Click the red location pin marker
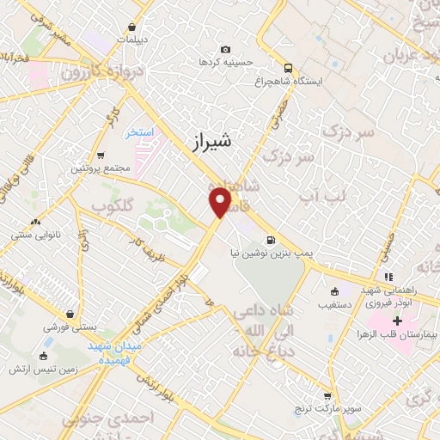click(220, 202)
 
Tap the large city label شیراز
click(209, 140)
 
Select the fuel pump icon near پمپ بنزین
click(272, 240)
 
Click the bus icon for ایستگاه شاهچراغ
click(288, 68)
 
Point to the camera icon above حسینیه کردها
click(225, 50)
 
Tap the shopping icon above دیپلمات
click(131, 27)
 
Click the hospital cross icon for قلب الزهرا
click(397, 321)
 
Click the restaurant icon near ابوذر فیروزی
click(388, 278)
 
